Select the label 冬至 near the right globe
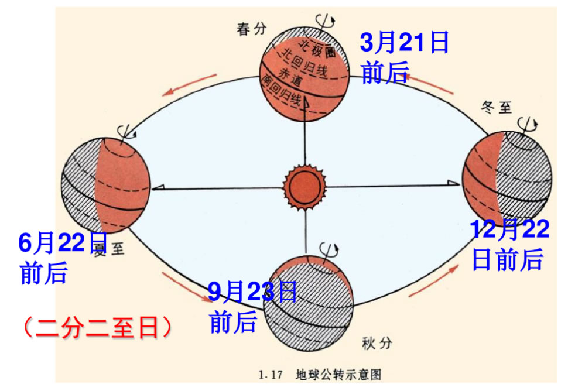(x=496, y=107)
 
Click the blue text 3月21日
(x=404, y=43)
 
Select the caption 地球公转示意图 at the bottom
(x=340, y=373)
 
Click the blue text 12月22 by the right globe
(x=510, y=229)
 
